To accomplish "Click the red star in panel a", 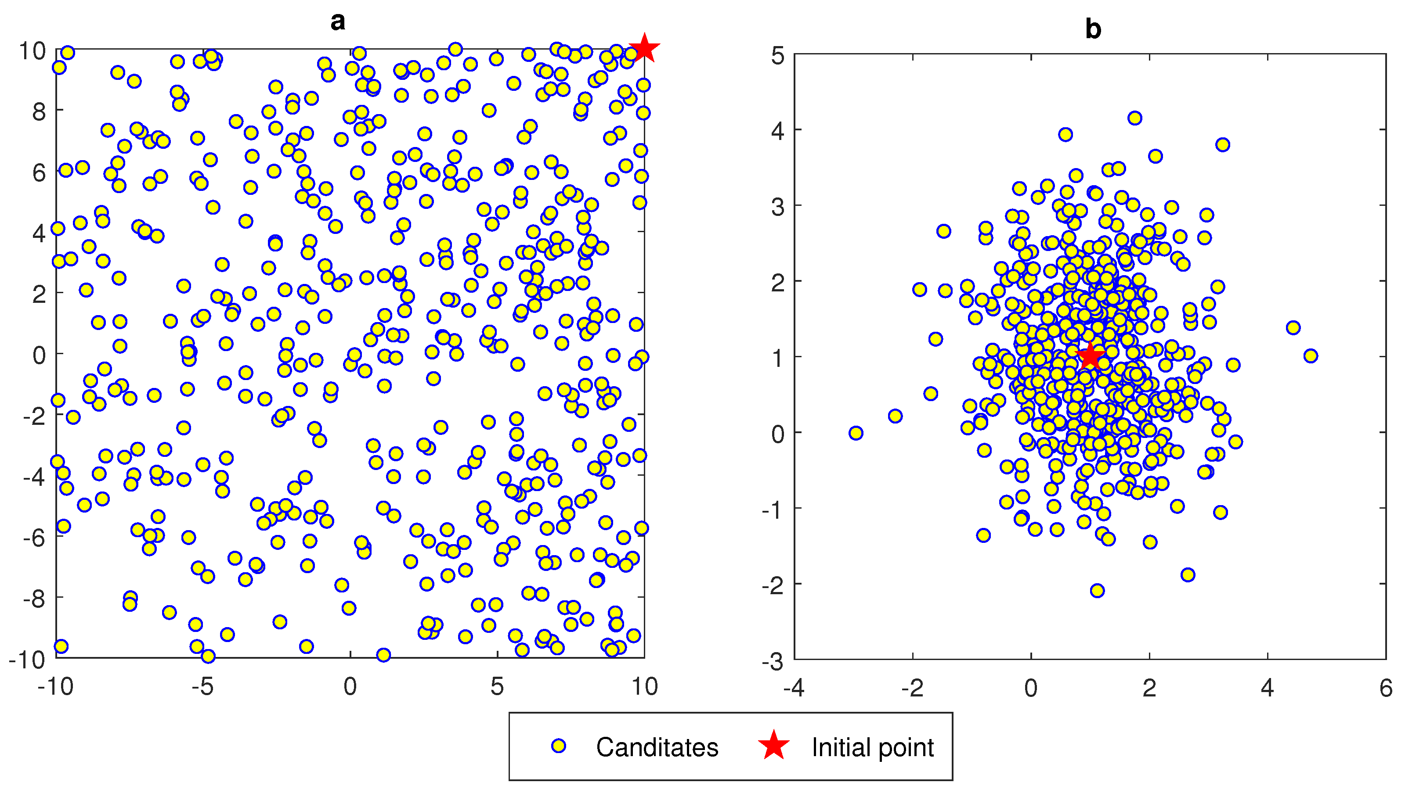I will [644, 49].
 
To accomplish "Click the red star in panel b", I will [1090, 356].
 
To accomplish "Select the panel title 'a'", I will [338, 21].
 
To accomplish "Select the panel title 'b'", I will [1093, 29].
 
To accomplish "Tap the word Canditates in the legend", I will [657, 747].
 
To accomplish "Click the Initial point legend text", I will [872, 747].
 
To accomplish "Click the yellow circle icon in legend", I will [558, 746].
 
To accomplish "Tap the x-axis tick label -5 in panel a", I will [202, 687].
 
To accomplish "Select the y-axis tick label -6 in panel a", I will [34, 538].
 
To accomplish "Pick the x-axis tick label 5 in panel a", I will [497, 687].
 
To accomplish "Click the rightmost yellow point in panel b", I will [1311, 356].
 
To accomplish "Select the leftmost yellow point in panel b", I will [856, 433].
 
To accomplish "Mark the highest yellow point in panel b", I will [1135, 118].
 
